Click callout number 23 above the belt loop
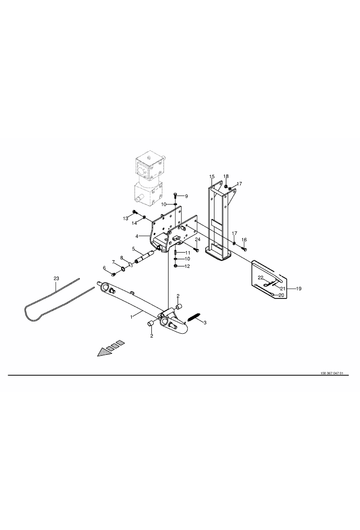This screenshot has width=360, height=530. point(56,278)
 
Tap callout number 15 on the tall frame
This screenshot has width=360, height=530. point(212,177)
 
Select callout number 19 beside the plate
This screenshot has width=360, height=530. point(298,289)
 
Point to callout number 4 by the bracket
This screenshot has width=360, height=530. point(137,236)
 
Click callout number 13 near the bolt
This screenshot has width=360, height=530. point(126,219)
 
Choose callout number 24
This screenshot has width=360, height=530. point(198,239)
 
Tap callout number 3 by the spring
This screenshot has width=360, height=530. point(204,322)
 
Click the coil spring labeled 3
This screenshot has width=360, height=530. point(193,318)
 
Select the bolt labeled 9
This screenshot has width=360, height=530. point(175,195)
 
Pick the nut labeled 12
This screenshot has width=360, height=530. point(175,266)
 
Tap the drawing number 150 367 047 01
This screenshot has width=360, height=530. point(332,373)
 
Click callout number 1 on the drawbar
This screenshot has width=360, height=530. point(131,317)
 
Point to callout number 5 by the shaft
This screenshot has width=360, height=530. point(134,249)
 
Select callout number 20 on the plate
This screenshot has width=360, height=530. point(281,295)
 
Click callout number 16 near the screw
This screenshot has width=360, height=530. point(244,240)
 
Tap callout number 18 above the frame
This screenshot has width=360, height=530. point(226,177)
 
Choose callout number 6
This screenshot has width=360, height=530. point(105,268)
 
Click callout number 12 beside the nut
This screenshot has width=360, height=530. point(187,266)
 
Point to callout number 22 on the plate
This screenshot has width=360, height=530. point(261,277)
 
